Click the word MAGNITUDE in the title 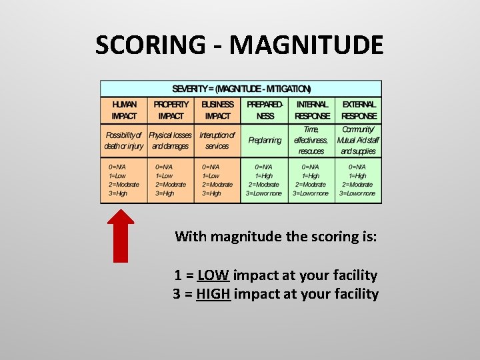[x=305, y=45]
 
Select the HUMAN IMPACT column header [x=124, y=110]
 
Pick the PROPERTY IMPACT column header [x=171, y=110]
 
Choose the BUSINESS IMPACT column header [x=217, y=110]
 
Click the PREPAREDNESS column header [x=265, y=110]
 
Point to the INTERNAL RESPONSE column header [x=312, y=110]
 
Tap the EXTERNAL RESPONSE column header [x=359, y=110]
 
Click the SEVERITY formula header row [x=241, y=89]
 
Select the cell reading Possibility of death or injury [x=124, y=141]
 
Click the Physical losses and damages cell [x=171, y=141]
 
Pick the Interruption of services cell [x=217, y=141]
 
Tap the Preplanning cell [x=265, y=141]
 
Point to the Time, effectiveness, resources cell [x=312, y=141]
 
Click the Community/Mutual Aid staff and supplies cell [x=359, y=141]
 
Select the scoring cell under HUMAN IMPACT [x=124, y=180]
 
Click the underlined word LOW [x=213, y=275]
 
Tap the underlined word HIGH [x=213, y=294]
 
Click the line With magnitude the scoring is [x=275, y=236]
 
